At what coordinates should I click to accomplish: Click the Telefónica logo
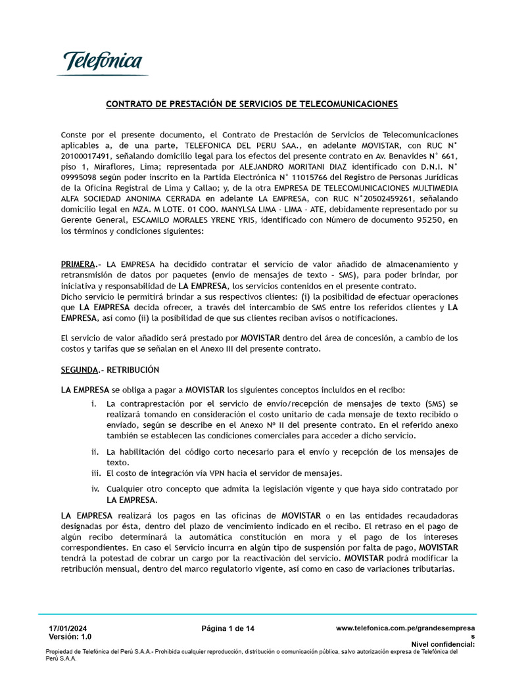coord(103,63)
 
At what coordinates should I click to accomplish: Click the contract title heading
coord(252,104)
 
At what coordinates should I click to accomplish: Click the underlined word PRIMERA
coord(78,264)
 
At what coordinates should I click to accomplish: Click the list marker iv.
coord(95,489)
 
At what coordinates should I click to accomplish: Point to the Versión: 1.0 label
coord(70,637)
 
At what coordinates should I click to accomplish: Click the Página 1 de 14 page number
coord(228,629)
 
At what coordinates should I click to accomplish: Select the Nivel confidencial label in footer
coord(443,645)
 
